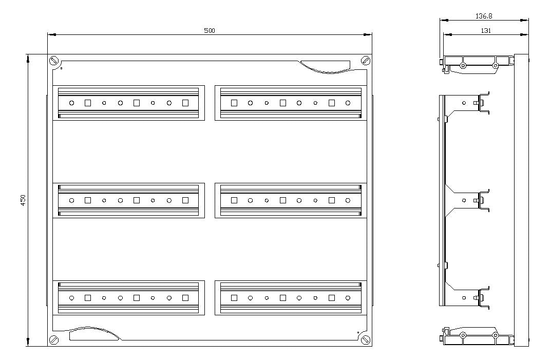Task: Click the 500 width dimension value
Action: click(x=210, y=30)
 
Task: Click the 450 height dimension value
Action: click(x=23, y=200)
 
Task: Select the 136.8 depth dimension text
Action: click(x=484, y=16)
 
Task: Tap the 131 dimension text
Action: click(x=486, y=30)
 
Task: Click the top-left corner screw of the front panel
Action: click(x=53, y=61)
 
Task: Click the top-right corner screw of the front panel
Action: click(x=366, y=61)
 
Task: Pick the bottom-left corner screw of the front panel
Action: click(x=53, y=339)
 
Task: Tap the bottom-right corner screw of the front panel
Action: click(x=366, y=339)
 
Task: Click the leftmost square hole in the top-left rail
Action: click(x=88, y=103)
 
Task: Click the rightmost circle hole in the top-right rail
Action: click(x=348, y=103)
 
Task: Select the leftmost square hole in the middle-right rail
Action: click(x=234, y=200)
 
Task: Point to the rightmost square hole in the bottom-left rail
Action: click(x=185, y=298)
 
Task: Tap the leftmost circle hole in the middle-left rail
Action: click(x=71, y=200)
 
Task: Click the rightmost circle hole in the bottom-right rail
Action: click(x=348, y=298)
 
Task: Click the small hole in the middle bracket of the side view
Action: click(x=464, y=200)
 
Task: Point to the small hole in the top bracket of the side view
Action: click(x=464, y=103)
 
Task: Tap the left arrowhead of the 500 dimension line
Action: click(x=51, y=34)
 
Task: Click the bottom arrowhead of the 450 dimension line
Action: click(x=28, y=342)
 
